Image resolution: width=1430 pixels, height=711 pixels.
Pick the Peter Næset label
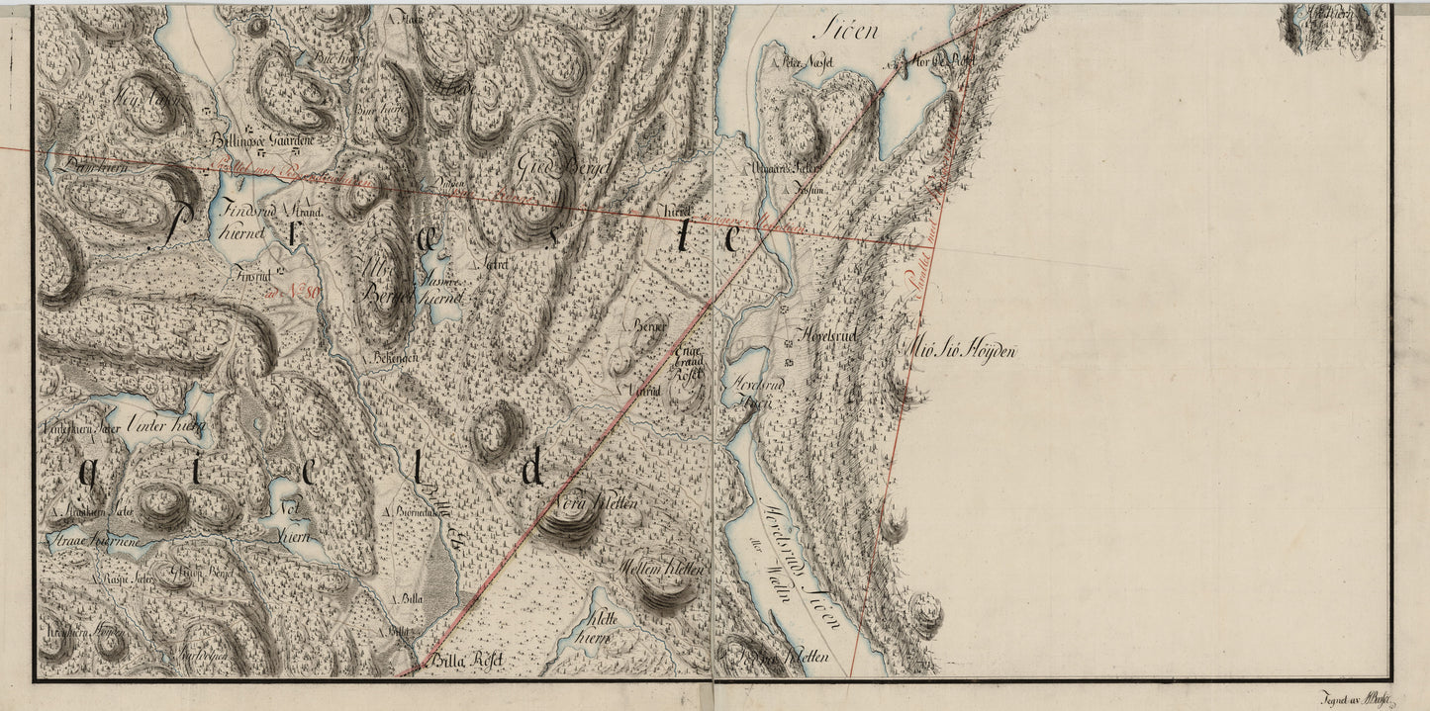pos(808,61)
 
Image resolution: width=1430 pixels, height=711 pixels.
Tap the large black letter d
pos(532,468)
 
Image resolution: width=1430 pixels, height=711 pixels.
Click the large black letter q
pos(87,476)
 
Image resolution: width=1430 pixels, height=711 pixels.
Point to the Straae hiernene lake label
pos(94,543)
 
